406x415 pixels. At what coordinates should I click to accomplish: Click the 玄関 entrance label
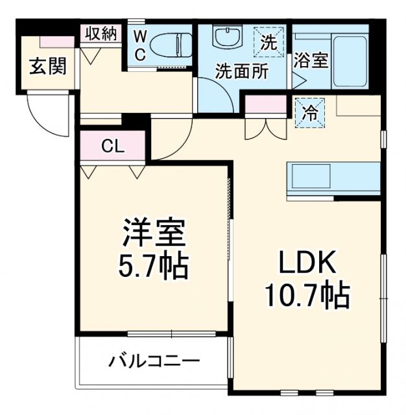click(x=41, y=66)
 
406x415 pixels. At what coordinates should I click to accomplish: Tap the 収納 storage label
click(x=100, y=34)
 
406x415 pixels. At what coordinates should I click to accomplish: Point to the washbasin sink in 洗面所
click(x=227, y=38)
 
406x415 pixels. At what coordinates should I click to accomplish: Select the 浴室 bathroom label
click(x=311, y=61)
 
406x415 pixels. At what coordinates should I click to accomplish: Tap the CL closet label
click(x=112, y=147)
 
